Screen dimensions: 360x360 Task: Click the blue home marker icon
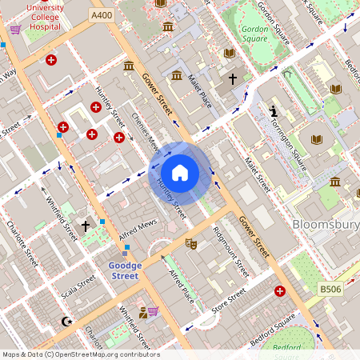[x=180, y=173]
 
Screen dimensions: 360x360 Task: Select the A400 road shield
[x=102, y=15]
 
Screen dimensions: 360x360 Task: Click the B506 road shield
[x=330, y=288]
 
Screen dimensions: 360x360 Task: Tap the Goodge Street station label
[x=124, y=270]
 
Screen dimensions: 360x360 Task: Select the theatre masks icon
[x=190, y=242]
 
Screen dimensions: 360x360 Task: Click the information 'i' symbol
[x=274, y=110]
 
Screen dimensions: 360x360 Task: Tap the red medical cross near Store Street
[x=279, y=292]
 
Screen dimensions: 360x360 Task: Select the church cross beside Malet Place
[x=233, y=79]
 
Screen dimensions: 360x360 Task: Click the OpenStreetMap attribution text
[x=81, y=354]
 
